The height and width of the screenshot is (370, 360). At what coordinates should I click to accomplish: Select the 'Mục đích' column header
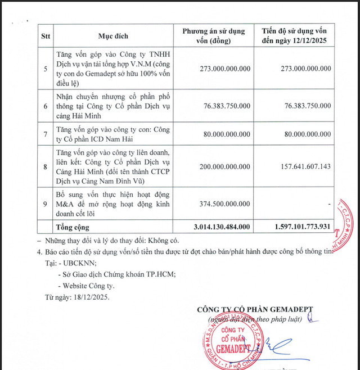pos(113,36)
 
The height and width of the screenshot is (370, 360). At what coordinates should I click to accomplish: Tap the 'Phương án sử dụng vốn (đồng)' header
pos(213,36)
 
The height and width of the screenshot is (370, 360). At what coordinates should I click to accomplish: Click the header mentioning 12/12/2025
pos(296,36)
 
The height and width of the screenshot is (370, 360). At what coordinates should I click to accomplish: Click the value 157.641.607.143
pos(303,166)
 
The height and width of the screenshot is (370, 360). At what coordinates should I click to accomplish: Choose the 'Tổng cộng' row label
pos(74,227)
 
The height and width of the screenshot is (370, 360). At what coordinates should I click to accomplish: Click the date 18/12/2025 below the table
pos(91,296)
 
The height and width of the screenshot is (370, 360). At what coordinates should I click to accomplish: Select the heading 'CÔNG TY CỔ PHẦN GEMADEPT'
pos(255,309)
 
